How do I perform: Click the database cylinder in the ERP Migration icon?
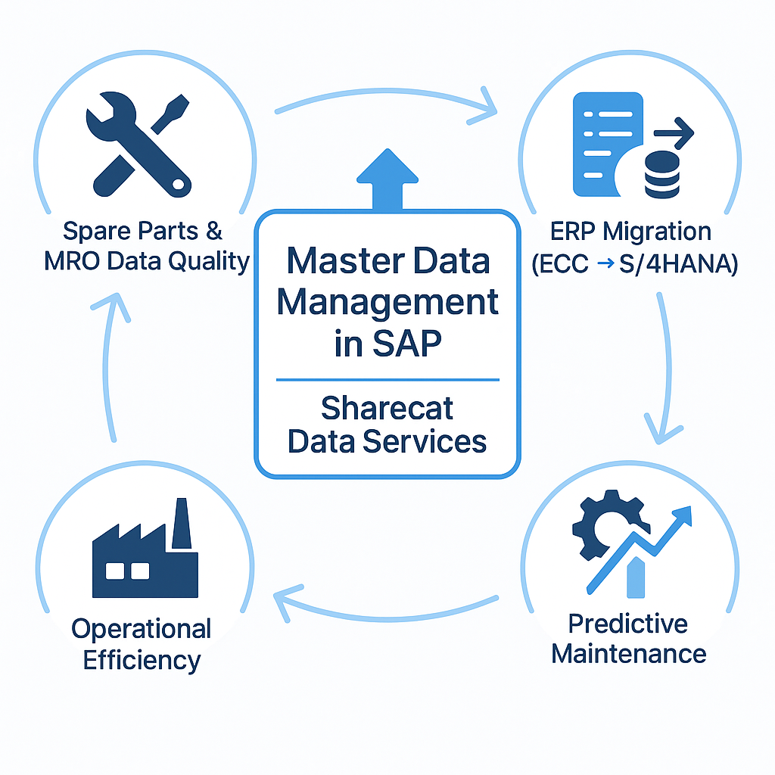pyautogui.click(x=661, y=173)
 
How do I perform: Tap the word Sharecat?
pyautogui.click(x=387, y=409)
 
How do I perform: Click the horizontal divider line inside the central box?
pyautogui.click(x=387, y=379)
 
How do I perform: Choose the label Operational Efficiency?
pyautogui.click(x=142, y=644)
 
